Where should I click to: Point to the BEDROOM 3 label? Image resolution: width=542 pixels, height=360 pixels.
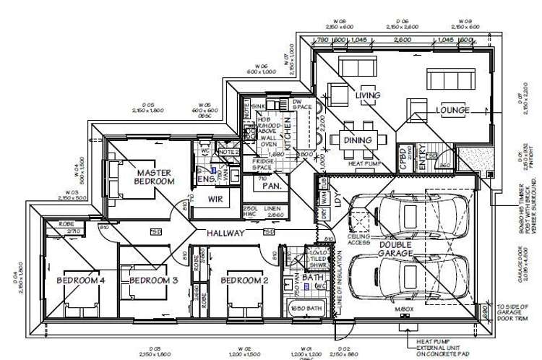tap(148, 280)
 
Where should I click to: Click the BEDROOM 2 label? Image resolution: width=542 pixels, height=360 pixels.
tap(239, 280)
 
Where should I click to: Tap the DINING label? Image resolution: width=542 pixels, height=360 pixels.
tap(358, 140)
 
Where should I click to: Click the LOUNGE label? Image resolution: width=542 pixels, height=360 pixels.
tap(452, 111)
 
